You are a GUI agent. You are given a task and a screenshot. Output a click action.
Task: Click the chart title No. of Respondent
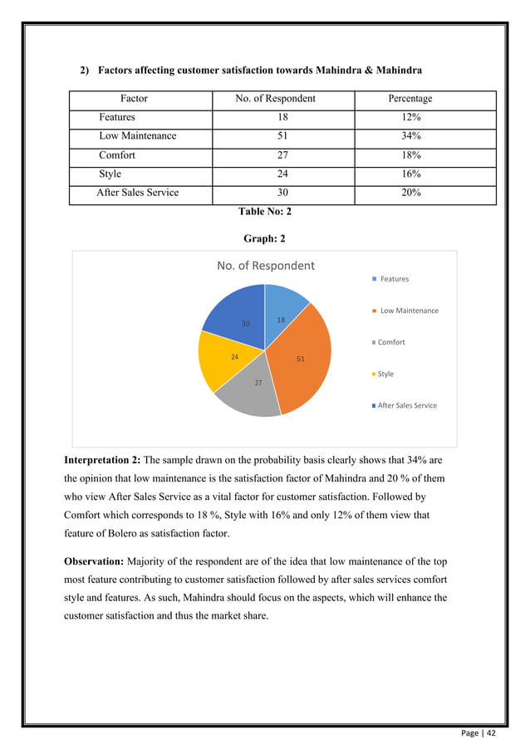tap(265, 266)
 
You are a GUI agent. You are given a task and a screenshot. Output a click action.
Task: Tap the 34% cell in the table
tap(410, 136)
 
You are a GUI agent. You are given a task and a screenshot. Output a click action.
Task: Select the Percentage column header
tap(410, 99)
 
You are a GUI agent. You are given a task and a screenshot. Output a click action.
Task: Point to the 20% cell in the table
tap(410, 193)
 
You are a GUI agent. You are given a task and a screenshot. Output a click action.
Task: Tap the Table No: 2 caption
tap(264, 212)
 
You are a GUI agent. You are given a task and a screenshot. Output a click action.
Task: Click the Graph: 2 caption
tap(264, 238)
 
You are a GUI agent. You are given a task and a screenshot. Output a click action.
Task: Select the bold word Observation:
tap(93, 563)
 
